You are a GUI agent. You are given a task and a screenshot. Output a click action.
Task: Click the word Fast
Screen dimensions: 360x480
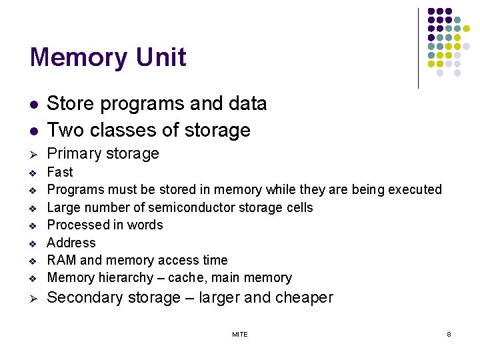(60, 172)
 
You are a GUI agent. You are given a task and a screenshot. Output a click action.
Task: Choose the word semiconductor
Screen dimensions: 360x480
(199, 207)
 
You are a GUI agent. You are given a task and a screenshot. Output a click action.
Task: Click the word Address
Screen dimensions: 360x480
(71, 243)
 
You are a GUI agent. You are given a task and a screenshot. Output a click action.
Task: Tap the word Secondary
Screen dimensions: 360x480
(85, 298)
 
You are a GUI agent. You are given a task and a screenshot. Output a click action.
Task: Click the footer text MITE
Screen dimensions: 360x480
(240, 334)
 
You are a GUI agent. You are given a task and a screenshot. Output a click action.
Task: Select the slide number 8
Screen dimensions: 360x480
(449, 334)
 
